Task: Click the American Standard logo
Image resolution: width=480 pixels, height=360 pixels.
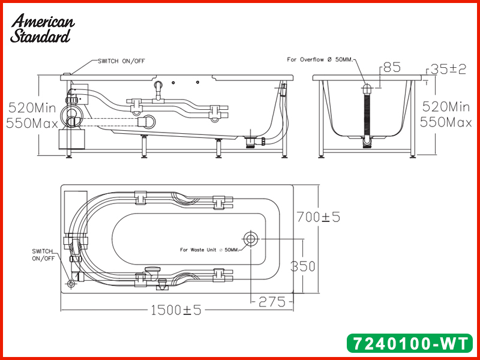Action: [42, 28]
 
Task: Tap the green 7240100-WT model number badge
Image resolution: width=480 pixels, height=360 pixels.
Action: [410, 343]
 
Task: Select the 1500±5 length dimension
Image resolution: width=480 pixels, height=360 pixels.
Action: [176, 310]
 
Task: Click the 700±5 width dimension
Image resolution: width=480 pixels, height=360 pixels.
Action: [319, 217]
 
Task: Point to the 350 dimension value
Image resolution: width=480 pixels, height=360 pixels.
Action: [302, 266]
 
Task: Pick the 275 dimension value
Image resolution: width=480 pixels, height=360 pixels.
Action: [272, 302]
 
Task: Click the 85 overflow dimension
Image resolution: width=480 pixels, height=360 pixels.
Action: [392, 67]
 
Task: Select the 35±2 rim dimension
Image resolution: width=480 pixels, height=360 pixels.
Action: [448, 69]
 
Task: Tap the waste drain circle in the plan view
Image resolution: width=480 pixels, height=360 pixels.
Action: [251, 239]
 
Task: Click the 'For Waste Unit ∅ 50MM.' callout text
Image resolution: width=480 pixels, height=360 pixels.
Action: [209, 250]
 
